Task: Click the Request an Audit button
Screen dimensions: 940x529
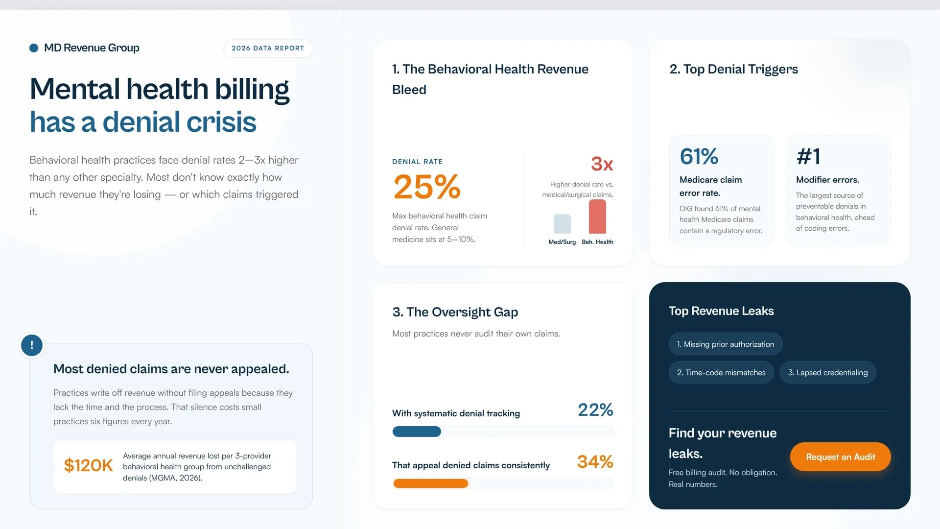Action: pos(840,457)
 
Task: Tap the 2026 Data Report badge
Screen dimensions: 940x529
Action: pos(268,48)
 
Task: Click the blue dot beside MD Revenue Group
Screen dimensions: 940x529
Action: pos(34,48)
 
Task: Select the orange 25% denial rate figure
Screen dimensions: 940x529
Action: pos(427,187)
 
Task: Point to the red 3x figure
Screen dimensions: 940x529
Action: pos(602,164)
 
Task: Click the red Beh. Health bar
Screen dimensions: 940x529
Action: pos(597,216)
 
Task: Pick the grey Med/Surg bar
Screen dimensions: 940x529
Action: pos(562,224)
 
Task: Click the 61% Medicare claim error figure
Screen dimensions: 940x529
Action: pos(699,156)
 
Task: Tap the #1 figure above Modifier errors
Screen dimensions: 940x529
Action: pos(808,156)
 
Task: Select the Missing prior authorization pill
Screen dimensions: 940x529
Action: pos(726,344)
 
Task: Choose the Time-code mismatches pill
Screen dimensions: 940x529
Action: pos(721,372)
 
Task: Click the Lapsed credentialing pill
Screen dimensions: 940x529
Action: pos(828,372)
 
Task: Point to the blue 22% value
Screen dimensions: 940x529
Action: pos(595,409)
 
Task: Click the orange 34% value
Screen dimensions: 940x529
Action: pos(595,461)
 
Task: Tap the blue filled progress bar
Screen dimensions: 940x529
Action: pos(417,432)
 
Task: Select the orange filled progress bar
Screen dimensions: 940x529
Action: pos(430,483)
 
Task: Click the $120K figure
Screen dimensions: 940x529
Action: pos(89,465)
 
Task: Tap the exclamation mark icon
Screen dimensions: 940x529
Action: pos(32,345)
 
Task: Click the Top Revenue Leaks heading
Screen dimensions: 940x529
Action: pos(721,311)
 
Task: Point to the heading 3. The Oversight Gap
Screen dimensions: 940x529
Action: pos(455,312)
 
